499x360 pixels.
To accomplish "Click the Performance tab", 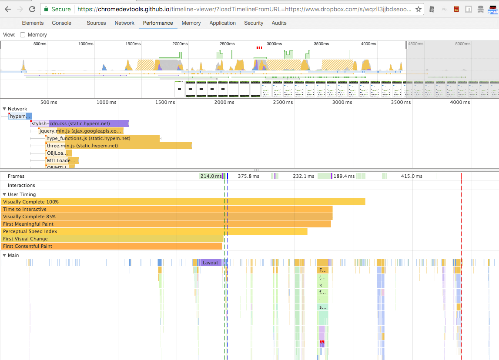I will (x=157, y=23).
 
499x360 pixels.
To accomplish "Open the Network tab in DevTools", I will (x=124, y=23).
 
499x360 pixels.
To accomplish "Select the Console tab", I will (x=61, y=23).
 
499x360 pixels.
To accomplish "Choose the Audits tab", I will (x=279, y=23).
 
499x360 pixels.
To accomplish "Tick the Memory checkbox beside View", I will (x=23, y=35).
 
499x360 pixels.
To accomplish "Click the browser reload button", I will (x=32, y=9).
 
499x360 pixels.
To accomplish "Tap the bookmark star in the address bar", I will (x=418, y=9).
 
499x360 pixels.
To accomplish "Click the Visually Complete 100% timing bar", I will (x=183, y=202).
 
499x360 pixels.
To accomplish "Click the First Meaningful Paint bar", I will (x=165, y=224).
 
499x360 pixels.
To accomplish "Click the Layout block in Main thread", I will (x=211, y=263).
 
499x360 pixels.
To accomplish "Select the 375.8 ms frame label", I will (x=248, y=176).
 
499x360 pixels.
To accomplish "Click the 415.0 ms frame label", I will (x=412, y=176).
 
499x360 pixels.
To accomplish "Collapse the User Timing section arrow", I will (x=4, y=194).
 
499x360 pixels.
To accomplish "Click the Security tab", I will (x=253, y=23).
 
